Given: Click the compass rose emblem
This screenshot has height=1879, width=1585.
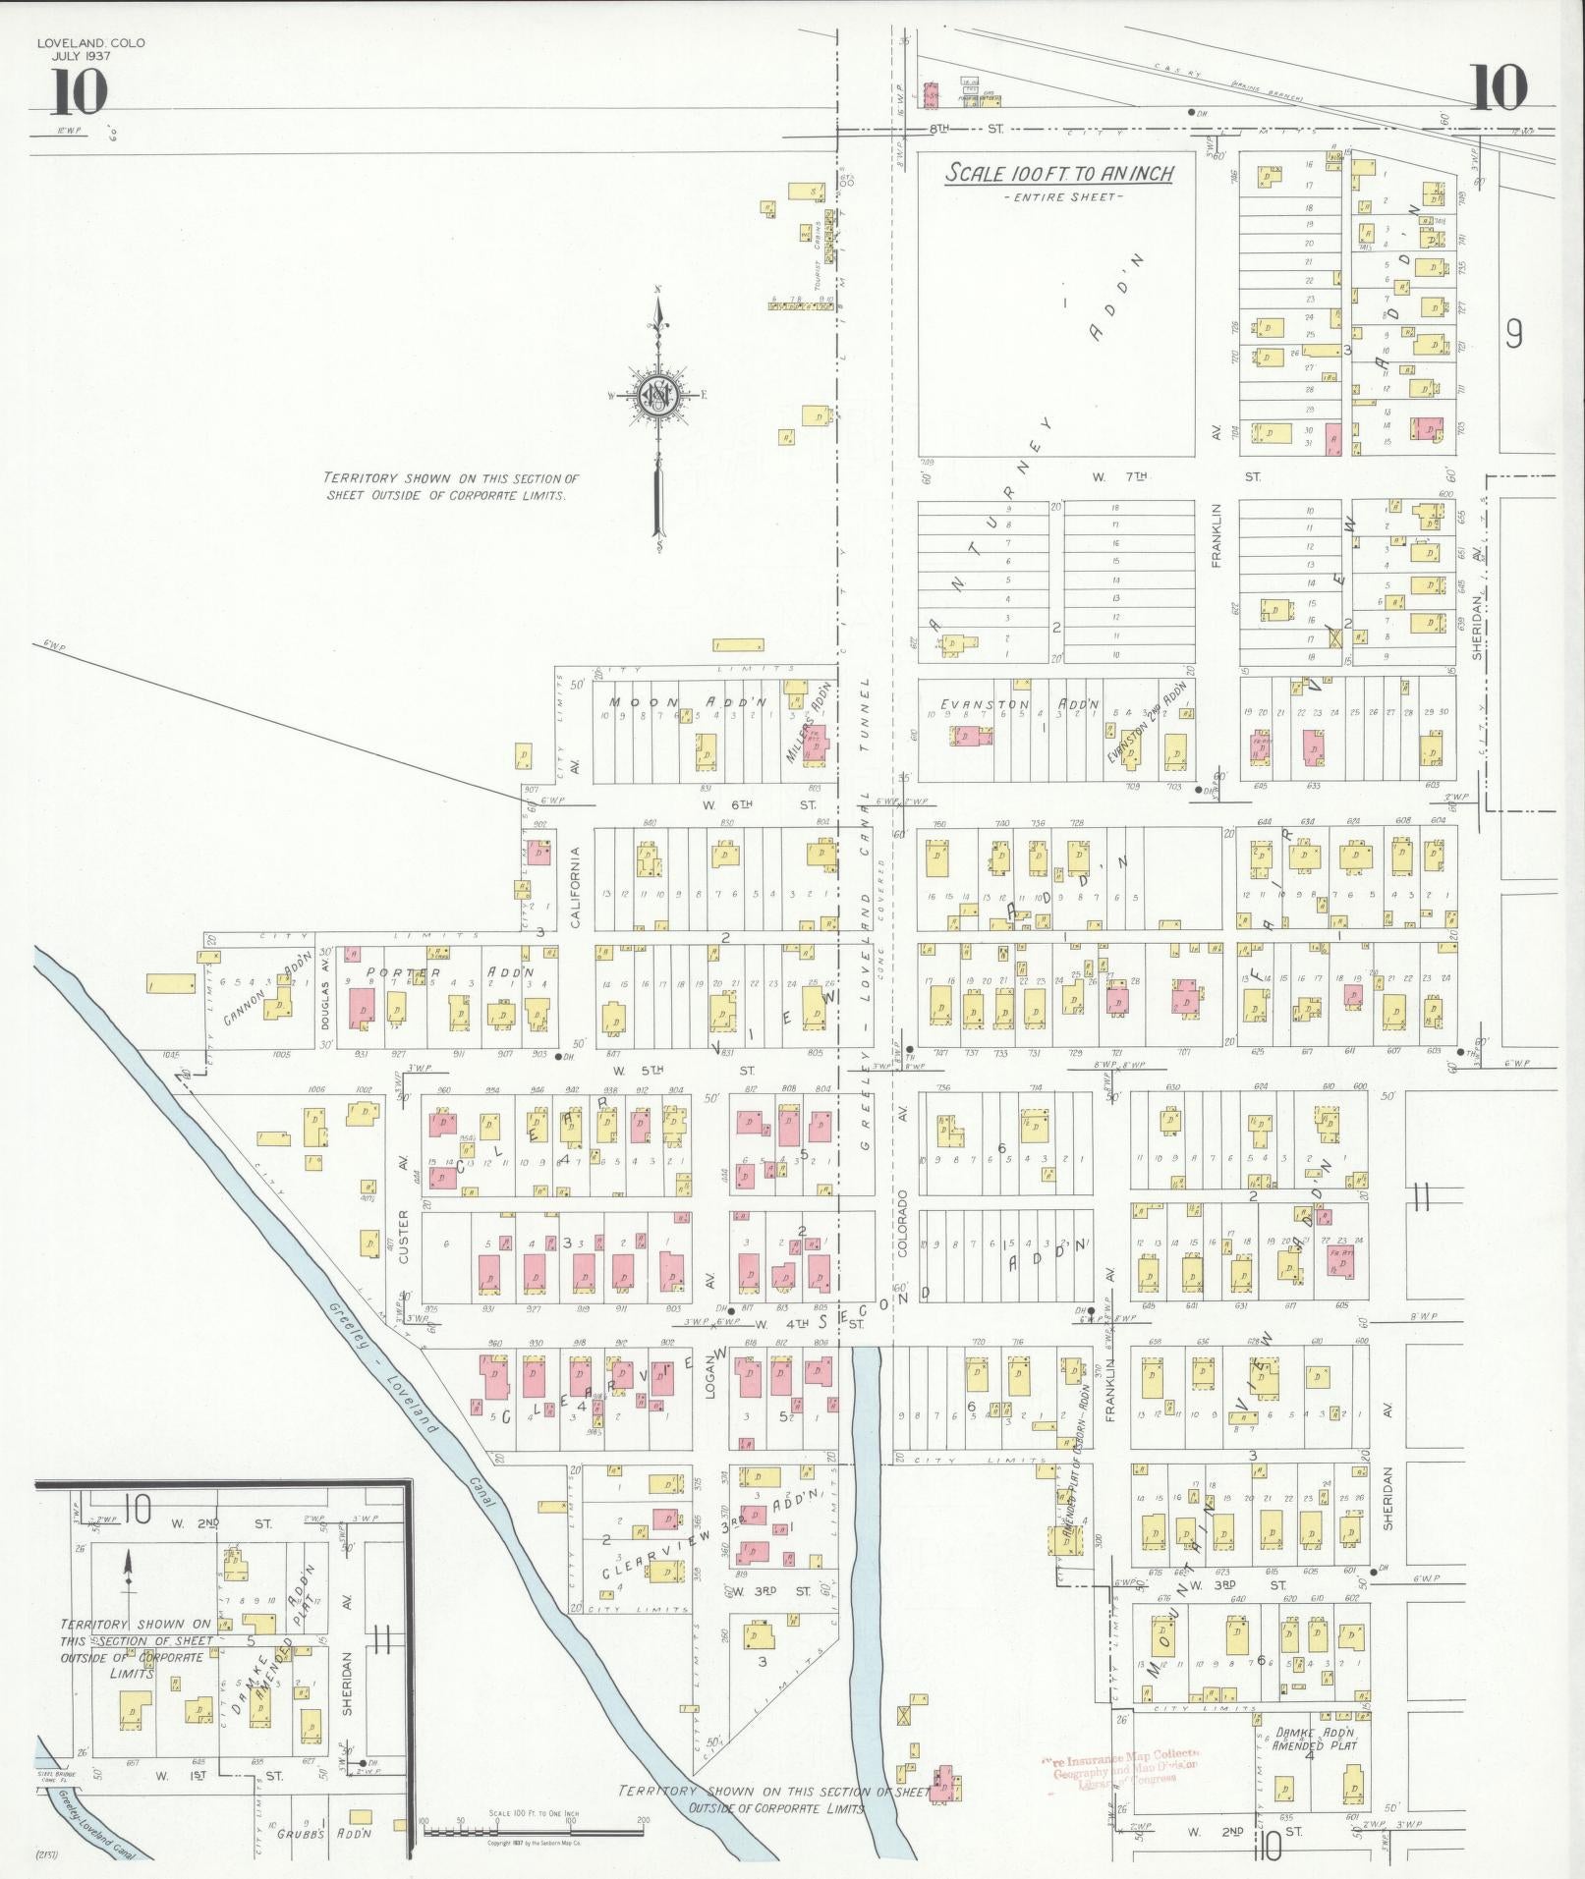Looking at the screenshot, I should tap(655, 396).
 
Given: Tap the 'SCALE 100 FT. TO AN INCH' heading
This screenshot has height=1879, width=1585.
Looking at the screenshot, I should tap(1059, 174).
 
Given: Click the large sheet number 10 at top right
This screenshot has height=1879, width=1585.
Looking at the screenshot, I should tap(1499, 86).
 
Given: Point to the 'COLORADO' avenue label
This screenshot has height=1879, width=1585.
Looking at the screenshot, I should tap(901, 1224).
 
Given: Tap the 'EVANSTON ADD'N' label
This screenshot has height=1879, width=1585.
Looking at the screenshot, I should tap(1019, 704).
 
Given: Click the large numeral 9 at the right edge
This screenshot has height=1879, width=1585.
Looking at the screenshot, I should tap(1514, 335).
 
